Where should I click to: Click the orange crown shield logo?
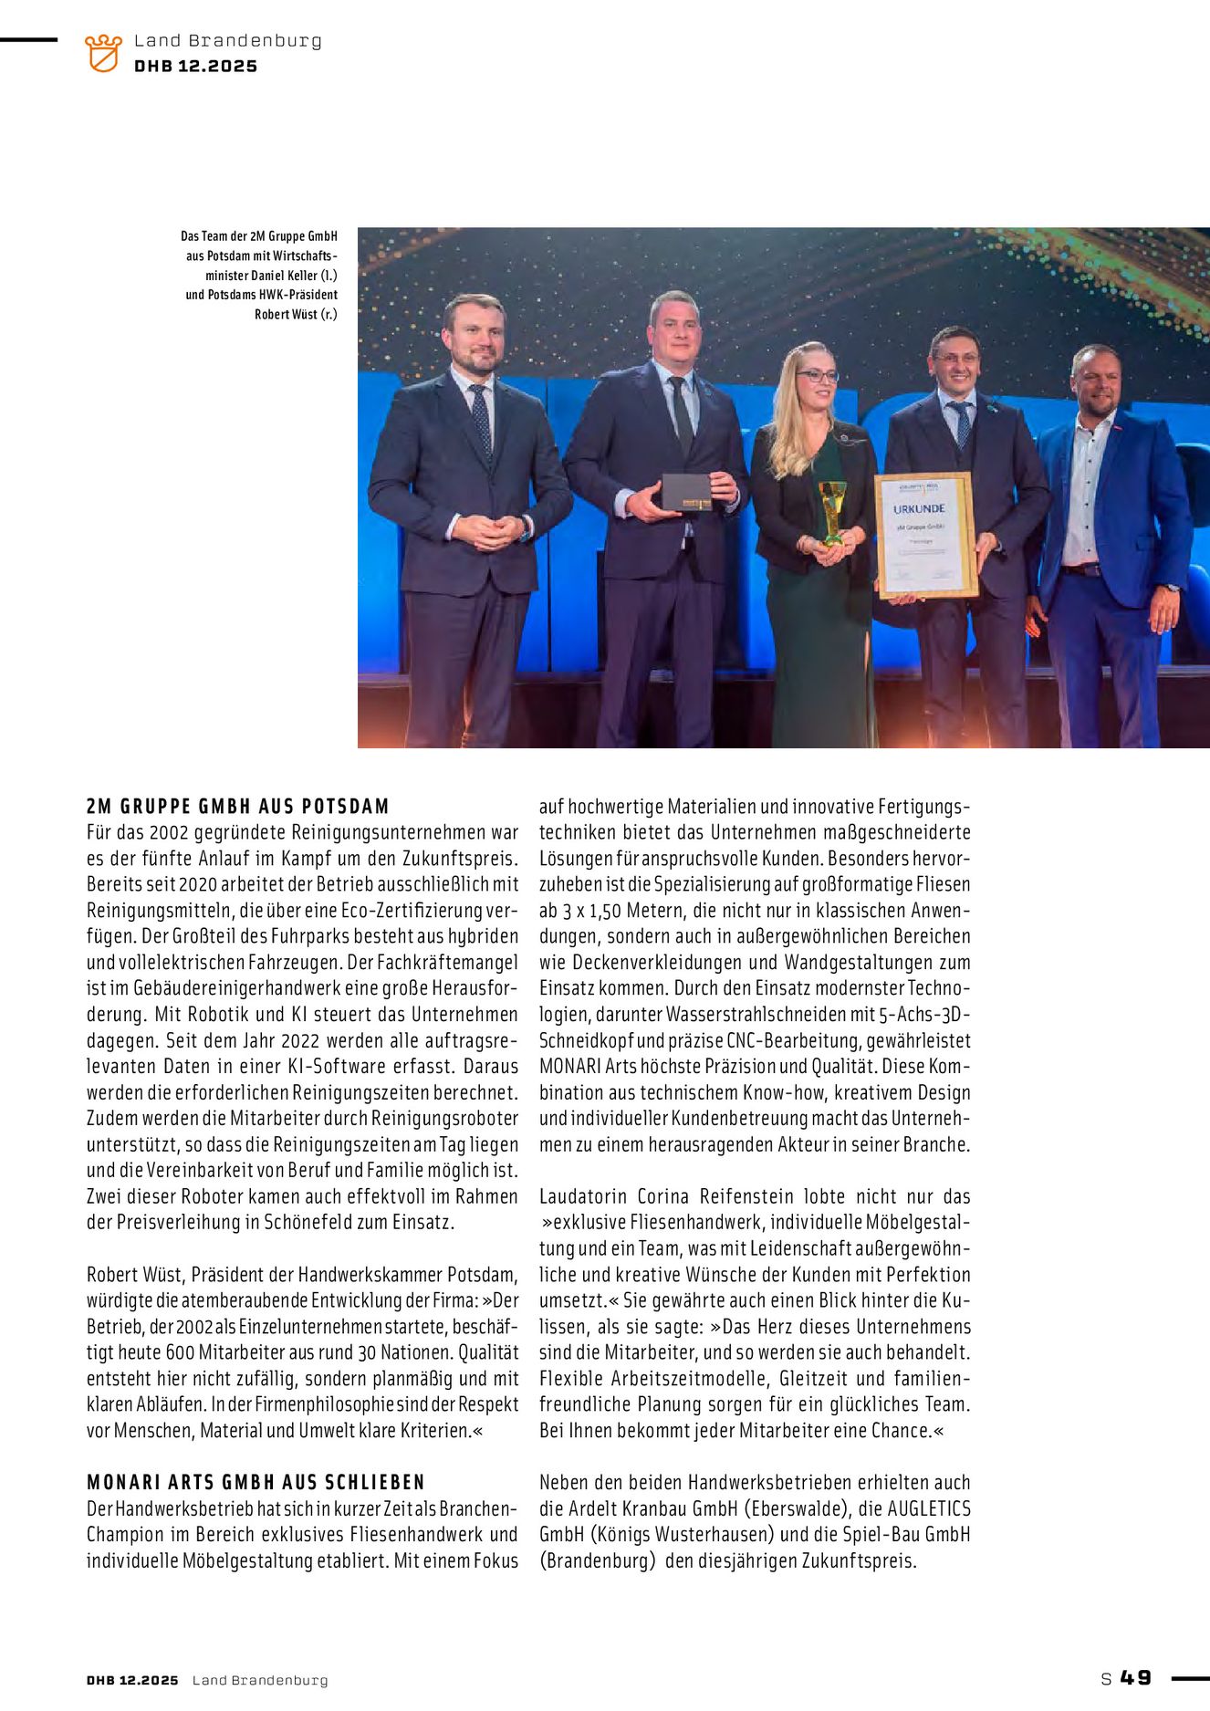[103, 53]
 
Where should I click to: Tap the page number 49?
[1136, 1678]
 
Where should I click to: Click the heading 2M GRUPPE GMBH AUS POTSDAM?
[238, 807]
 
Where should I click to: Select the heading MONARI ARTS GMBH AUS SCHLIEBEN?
[256, 1482]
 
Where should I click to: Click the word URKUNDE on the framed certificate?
[919, 508]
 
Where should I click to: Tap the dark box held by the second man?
[686, 492]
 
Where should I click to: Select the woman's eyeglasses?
[817, 375]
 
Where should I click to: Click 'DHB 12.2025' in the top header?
[196, 67]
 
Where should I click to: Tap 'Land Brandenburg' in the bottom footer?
[260, 1680]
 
